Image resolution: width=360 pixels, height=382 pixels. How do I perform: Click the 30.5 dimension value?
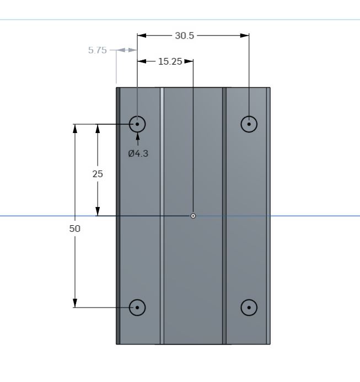(184, 35)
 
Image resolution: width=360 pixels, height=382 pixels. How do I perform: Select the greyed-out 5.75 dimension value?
(97, 50)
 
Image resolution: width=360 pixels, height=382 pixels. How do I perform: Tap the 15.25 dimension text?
(170, 61)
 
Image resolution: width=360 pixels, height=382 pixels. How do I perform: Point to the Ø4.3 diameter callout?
(138, 153)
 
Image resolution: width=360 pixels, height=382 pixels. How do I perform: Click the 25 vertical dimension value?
(98, 174)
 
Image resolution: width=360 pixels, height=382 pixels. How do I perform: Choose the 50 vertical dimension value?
(74, 229)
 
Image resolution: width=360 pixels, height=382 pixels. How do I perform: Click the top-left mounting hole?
(137, 124)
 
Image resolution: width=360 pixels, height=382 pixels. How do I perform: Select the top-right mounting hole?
(249, 124)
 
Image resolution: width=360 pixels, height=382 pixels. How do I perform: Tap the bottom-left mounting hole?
(137, 307)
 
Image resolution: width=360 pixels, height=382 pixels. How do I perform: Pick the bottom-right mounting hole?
(249, 307)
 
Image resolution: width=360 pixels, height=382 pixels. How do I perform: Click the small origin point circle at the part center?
(193, 216)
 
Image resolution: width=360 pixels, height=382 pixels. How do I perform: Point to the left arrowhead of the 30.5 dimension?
(142, 35)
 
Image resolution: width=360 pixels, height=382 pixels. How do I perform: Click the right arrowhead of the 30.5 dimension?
(244, 35)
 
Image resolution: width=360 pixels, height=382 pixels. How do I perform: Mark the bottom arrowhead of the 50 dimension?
(75, 303)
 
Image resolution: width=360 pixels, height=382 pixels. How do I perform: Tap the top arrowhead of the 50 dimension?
(75, 129)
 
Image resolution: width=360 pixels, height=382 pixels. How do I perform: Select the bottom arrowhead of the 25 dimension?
(98, 211)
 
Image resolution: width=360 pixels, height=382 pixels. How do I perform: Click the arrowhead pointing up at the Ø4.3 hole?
(138, 136)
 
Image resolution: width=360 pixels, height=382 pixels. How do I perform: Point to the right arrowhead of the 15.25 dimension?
(189, 61)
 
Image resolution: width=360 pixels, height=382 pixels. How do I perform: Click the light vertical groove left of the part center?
(162, 216)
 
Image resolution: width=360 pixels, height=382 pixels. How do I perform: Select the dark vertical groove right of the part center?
(224, 216)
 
